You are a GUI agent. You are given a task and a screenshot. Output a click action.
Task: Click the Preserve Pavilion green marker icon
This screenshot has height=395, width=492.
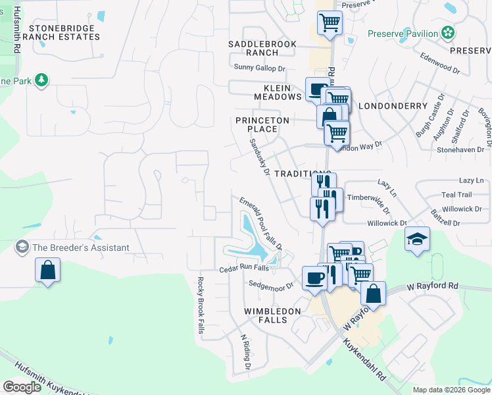448,32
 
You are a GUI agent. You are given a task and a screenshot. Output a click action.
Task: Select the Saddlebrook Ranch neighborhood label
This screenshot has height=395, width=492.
262,48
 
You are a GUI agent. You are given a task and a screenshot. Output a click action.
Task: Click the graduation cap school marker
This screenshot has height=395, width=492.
417,238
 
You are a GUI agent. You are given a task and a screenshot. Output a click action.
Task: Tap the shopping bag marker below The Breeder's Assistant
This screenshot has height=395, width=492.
47,270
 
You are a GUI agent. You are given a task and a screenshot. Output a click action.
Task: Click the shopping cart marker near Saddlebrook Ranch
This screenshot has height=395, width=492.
330,23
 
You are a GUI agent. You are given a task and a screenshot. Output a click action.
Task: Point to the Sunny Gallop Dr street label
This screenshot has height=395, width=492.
260,67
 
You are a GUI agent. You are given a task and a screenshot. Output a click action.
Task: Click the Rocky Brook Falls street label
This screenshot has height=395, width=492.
200,305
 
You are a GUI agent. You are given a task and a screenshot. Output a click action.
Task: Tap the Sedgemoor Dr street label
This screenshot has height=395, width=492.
271,286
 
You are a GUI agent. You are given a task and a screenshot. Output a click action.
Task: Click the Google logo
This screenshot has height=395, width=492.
22,387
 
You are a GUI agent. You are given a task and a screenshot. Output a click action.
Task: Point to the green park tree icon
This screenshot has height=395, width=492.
42,80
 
